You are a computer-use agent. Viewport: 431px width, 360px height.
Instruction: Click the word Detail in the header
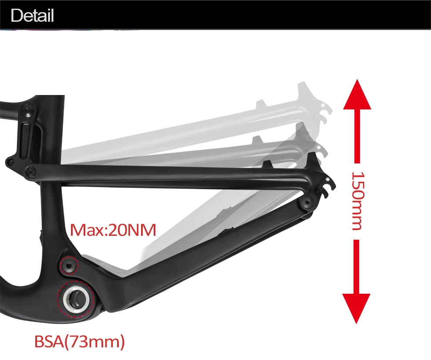[x=32, y=15]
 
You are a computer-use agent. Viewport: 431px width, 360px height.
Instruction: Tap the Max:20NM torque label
[x=113, y=230]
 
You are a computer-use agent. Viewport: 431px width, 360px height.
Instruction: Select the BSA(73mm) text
[x=80, y=341]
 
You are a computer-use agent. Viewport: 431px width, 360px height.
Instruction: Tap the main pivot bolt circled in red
[x=69, y=265]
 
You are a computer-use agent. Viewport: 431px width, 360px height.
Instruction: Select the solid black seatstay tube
[x=174, y=177]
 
